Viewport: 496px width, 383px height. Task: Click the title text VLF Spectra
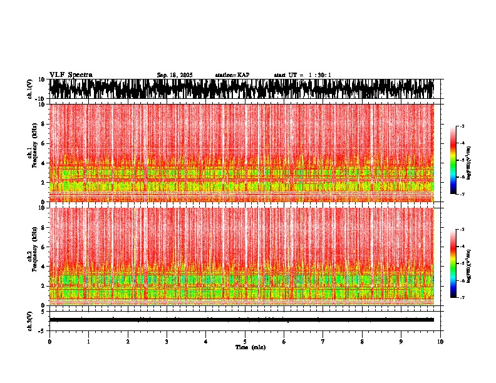tap(71, 74)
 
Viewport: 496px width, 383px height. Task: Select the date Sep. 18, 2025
tap(175, 75)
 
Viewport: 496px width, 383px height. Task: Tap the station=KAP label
tap(232, 75)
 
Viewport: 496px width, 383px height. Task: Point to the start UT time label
tap(302, 75)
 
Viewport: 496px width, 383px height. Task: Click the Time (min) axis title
tap(250, 347)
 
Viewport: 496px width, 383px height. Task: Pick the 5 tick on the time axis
tap(245, 342)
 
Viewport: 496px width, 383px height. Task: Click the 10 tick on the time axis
tap(441, 342)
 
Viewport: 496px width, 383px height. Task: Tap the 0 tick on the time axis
tap(49, 342)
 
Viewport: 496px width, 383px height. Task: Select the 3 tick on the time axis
tap(167, 342)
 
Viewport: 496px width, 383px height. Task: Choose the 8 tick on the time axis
tap(362, 342)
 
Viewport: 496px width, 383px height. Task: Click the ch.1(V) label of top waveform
tap(30, 89)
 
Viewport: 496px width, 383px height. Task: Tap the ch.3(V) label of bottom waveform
tap(30, 320)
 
